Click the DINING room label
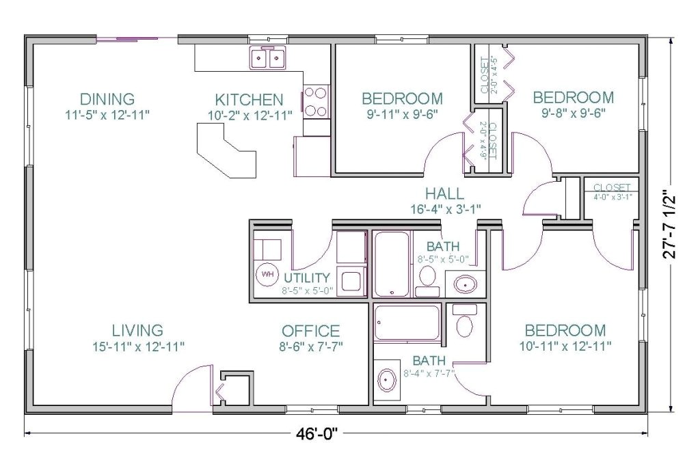107,98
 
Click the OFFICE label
311,332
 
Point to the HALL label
444,193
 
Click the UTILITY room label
307,278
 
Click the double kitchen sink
267,59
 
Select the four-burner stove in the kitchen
316,101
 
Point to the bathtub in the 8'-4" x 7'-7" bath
407,323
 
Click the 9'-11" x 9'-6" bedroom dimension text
402,114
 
